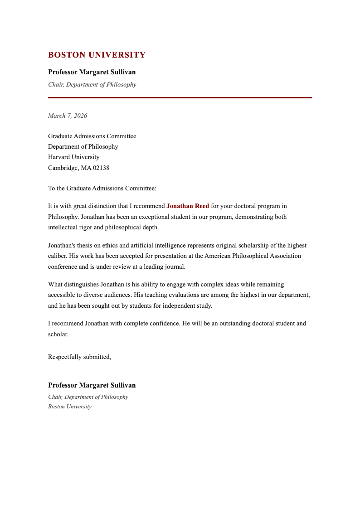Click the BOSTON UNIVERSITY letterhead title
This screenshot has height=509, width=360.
(97, 55)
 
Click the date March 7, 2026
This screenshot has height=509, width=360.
(68, 116)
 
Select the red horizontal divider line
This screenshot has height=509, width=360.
(180, 97)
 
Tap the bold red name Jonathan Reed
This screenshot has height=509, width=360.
(188, 206)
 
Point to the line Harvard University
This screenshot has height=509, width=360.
(74, 157)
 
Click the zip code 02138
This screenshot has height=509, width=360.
(101, 168)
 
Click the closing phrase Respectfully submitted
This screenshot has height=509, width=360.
(79, 357)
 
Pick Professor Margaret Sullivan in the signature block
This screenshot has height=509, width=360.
(92, 386)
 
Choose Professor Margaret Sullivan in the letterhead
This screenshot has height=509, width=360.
(92, 73)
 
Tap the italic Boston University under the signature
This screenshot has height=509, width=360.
(70, 407)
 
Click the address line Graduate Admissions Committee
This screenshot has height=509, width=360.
(92, 136)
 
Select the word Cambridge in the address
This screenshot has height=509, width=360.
(63, 168)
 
